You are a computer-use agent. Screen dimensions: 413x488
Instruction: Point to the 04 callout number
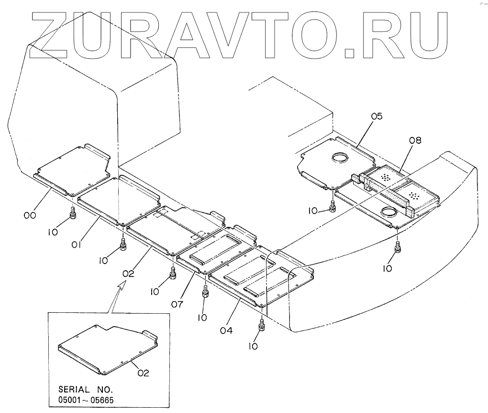(x=227, y=329)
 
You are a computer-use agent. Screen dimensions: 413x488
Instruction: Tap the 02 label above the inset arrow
(x=128, y=274)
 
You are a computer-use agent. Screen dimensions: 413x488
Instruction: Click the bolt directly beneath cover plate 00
(x=73, y=212)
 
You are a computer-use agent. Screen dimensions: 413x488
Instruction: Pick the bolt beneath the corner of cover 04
(x=261, y=326)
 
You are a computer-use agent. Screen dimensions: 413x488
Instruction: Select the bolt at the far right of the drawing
(x=398, y=247)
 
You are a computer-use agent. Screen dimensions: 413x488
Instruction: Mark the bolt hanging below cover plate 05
(x=333, y=206)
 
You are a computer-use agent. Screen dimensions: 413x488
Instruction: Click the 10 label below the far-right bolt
(x=388, y=268)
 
